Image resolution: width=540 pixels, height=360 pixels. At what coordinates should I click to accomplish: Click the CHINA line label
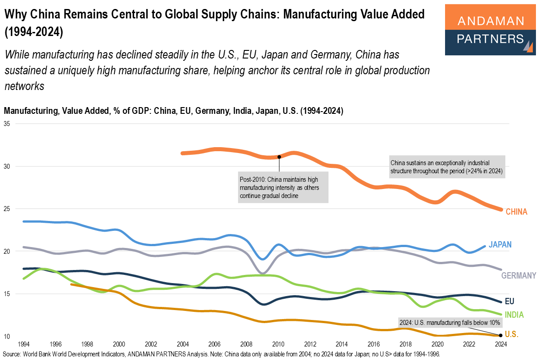(516, 211)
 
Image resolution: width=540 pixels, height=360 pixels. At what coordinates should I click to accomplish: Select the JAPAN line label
(500, 244)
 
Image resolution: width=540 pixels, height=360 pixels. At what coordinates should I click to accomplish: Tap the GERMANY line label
(518, 275)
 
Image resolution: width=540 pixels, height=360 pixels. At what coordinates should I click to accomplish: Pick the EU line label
(509, 301)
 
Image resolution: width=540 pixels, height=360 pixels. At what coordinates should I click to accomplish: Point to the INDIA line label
(514, 315)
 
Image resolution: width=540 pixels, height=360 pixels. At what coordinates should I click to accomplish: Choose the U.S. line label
(511, 334)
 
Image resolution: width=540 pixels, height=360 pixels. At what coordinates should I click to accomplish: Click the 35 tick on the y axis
(7, 123)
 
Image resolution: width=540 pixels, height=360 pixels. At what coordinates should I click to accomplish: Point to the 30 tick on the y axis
(7, 166)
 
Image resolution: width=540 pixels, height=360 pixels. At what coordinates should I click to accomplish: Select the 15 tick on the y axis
(7, 294)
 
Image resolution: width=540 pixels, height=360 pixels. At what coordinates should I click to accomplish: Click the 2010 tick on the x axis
(279, 344)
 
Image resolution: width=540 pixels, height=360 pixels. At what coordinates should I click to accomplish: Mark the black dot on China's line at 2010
(279, 157)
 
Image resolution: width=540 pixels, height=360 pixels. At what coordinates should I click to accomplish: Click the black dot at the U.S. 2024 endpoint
(501, 335)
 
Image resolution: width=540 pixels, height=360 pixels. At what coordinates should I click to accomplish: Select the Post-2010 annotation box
(283, 187)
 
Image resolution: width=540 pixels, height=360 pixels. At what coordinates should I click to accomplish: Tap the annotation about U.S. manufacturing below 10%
(450, 322)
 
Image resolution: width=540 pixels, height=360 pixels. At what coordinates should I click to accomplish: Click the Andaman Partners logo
(490, 30)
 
